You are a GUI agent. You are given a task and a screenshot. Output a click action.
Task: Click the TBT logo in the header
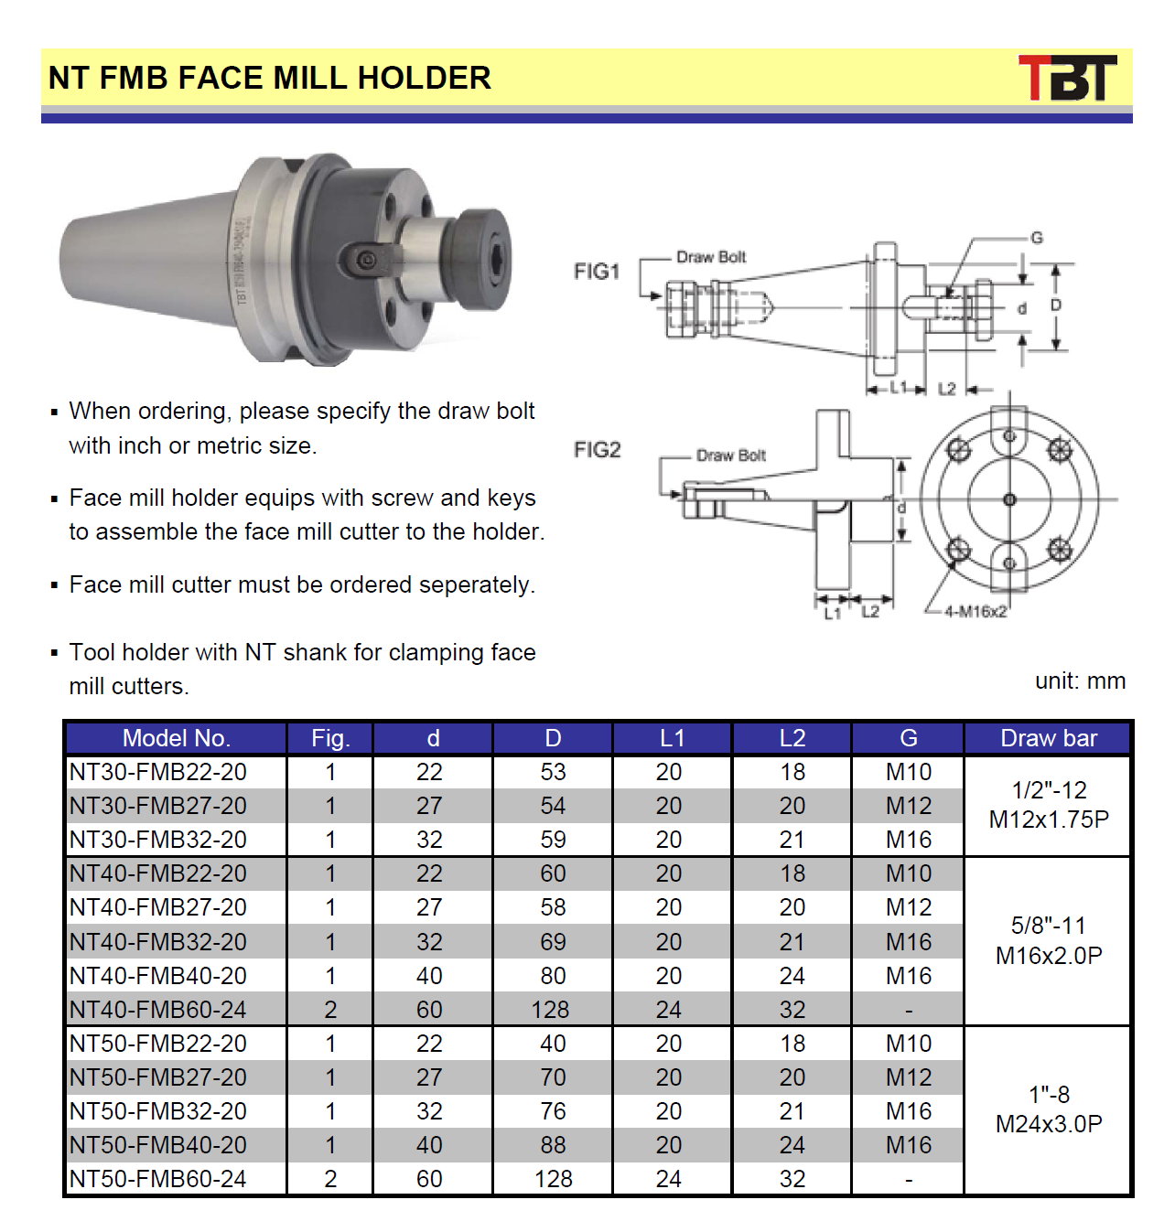coord(1066,77)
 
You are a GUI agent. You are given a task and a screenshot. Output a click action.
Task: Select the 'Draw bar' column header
coord(1048,737)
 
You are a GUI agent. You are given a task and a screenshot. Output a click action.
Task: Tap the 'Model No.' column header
coord(177,737)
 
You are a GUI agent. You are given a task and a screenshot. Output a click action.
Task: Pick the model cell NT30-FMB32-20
coord(158,839)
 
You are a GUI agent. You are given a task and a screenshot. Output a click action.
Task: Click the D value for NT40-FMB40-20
coord(553,975)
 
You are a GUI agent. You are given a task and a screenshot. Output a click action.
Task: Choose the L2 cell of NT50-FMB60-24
coord(792,1178)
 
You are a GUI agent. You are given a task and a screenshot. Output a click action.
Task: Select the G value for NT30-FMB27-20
coord(908,805)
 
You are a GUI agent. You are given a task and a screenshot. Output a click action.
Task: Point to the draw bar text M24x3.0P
coord(1049,1123)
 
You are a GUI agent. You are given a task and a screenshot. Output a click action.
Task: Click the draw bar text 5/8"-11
coord(1049,925)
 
